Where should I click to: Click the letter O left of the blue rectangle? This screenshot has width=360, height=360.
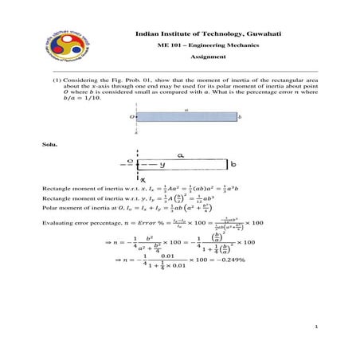pyautogui.click(x=132, y=116)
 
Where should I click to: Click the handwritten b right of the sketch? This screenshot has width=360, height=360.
pyautogui.click(x=233, y=165)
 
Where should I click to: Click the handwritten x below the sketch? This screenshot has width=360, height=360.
pyautogui.click(x=141, y=181)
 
